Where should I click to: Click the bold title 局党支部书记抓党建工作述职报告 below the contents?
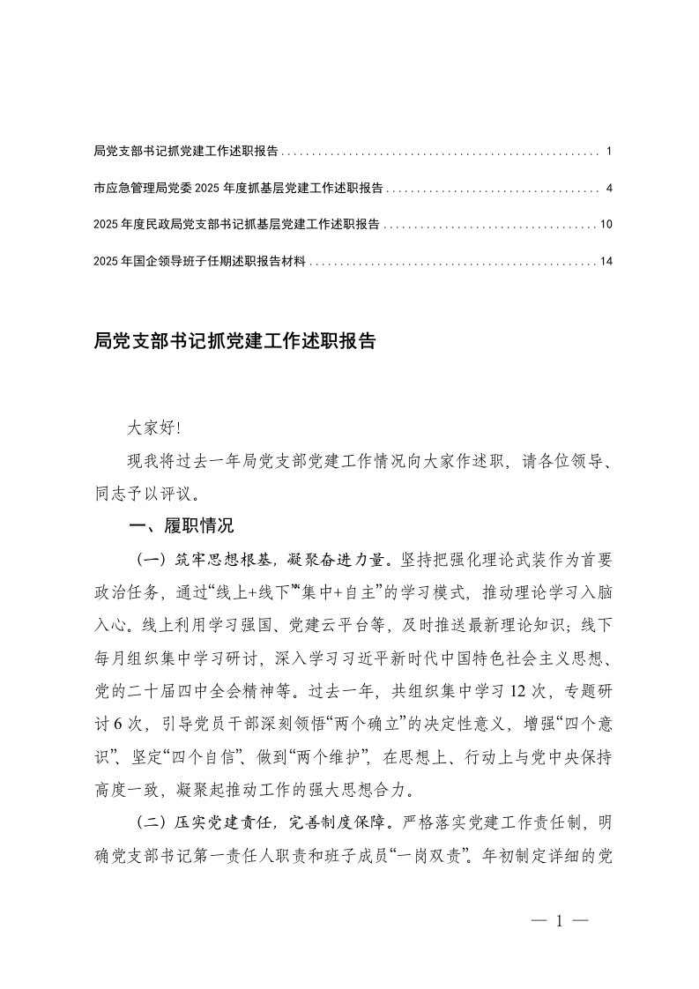pos(234,341)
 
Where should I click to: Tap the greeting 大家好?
pos(153,428)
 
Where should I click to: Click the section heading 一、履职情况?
pos(182,527)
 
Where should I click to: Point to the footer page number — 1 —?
pos(560,921)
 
